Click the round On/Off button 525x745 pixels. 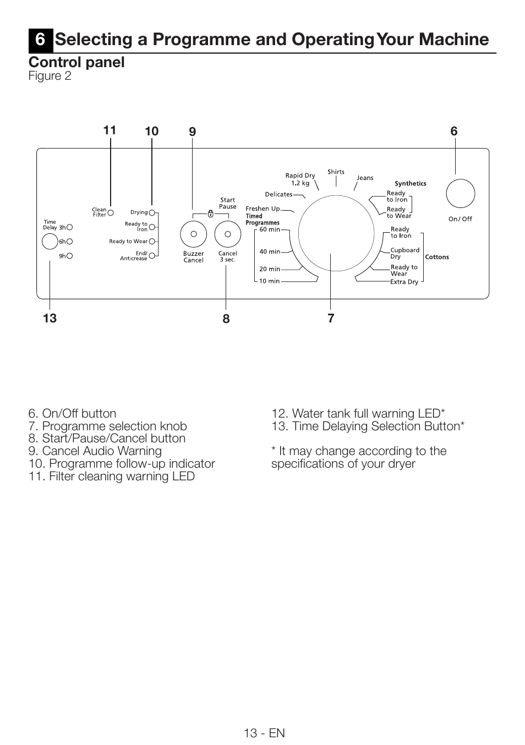460,194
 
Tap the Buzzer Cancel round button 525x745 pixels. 193,234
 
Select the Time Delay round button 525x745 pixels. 50,242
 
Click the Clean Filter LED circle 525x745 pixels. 111,212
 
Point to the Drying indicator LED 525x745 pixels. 152,212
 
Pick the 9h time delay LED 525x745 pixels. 70,256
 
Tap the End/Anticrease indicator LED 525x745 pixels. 152,255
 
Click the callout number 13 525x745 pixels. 50,318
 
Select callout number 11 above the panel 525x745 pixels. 110,130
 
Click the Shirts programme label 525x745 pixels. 336,172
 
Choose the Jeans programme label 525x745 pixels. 365,178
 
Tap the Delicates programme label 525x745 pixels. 278,194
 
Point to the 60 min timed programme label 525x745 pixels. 270,229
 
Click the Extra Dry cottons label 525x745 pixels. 404,282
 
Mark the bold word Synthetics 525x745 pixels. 410,184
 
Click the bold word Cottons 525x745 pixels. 437,257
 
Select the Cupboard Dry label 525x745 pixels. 404,253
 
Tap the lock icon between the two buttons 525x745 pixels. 210,214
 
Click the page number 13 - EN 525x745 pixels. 265,733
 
